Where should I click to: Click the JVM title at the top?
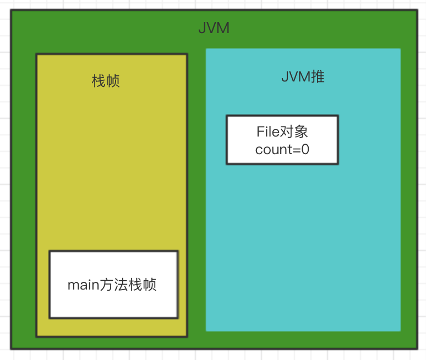[214, 28]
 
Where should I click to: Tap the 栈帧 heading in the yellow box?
[106, 81]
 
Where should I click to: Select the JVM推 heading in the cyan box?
[303, 77]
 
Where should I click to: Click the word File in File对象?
[269, 132]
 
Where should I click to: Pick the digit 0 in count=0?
[305, 149]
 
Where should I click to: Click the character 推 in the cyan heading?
[318, 77]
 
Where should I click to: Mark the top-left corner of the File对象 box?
[227, 116]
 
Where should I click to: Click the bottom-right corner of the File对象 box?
[338, 164]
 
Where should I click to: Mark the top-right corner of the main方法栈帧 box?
[178, 252]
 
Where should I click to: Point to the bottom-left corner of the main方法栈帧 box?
[50, 318]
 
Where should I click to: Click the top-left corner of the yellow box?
[36, 54]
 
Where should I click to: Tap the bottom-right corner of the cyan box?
[400, 331]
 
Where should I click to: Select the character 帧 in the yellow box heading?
[113, 81]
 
